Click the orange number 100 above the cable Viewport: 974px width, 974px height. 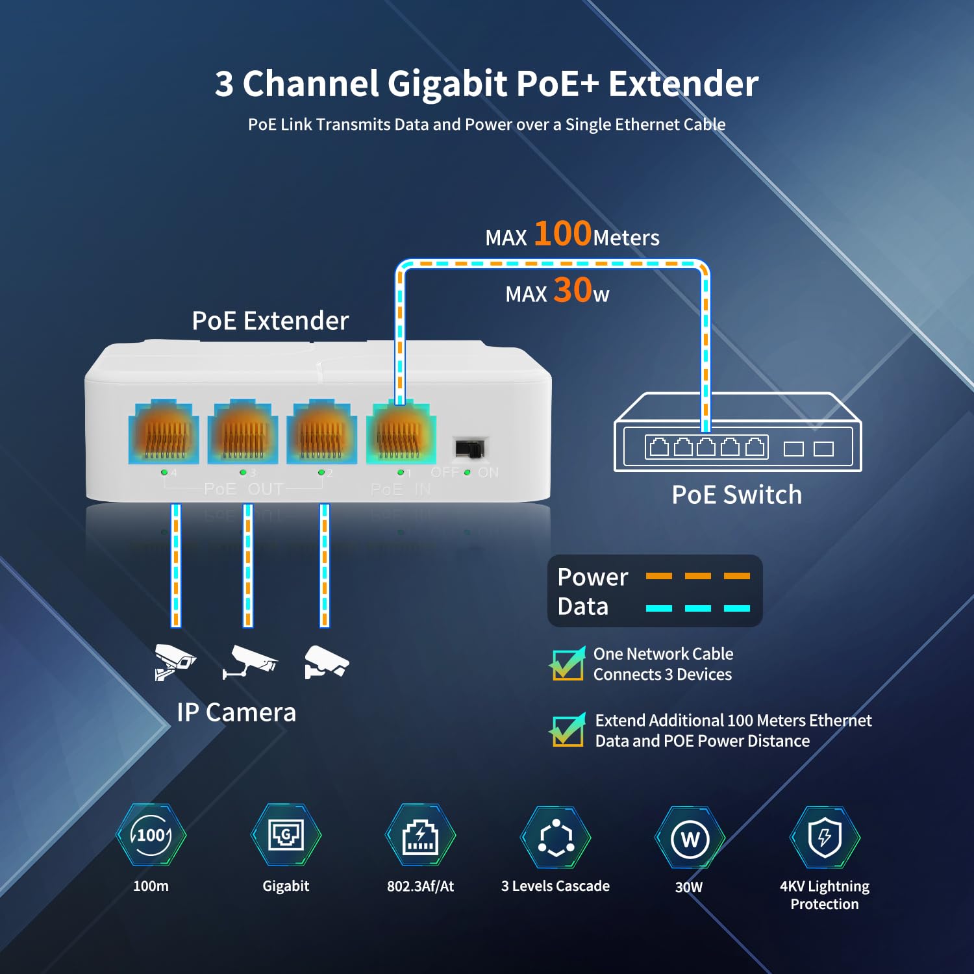[x=562, y=233]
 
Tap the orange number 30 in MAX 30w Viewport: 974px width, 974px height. [x=572, y=290]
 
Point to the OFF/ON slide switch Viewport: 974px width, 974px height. [x=469, y=448]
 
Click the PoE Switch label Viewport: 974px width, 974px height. [x=736, y=495]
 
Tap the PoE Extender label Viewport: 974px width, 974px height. [x=270, y=321]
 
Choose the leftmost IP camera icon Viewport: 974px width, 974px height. [x=173, y=662]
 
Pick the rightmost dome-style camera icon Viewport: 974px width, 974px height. [x=327, y=662]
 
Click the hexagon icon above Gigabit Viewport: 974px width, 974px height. [x=286, y=835]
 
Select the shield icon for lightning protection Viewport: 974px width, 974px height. [x=825, y=837]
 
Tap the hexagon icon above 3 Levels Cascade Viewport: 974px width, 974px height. [x=556, y=838]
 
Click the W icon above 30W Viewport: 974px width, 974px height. [x=690, y=838]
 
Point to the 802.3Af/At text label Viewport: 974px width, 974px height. [x=420, y=886]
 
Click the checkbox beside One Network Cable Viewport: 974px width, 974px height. [x=568, y=664]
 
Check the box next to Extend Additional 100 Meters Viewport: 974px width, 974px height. [x=568, y=730]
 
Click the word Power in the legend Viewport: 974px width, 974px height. [x=592, y=577]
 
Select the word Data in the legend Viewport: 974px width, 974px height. [x=582, y=606]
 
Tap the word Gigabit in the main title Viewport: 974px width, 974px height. [x=447, y=84]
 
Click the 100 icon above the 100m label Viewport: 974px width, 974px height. [x=151, y=835]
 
